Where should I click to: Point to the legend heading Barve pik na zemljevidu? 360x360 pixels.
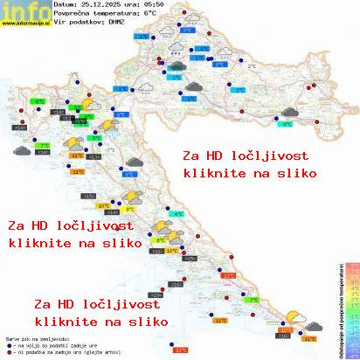35,337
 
